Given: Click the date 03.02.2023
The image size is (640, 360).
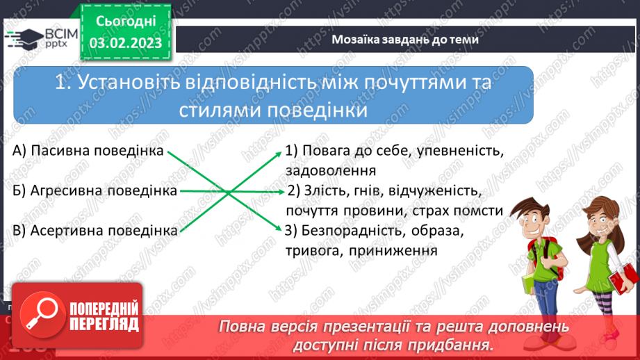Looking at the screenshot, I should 126,44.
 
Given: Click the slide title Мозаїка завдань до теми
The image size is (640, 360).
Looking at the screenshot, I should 405,40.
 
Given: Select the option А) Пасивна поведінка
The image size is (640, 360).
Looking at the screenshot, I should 87,150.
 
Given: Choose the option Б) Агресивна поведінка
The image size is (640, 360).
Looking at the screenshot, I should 95,190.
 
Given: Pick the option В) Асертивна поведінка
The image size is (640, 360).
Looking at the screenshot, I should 95,230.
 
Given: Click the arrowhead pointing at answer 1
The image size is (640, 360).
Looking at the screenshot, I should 277,152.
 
